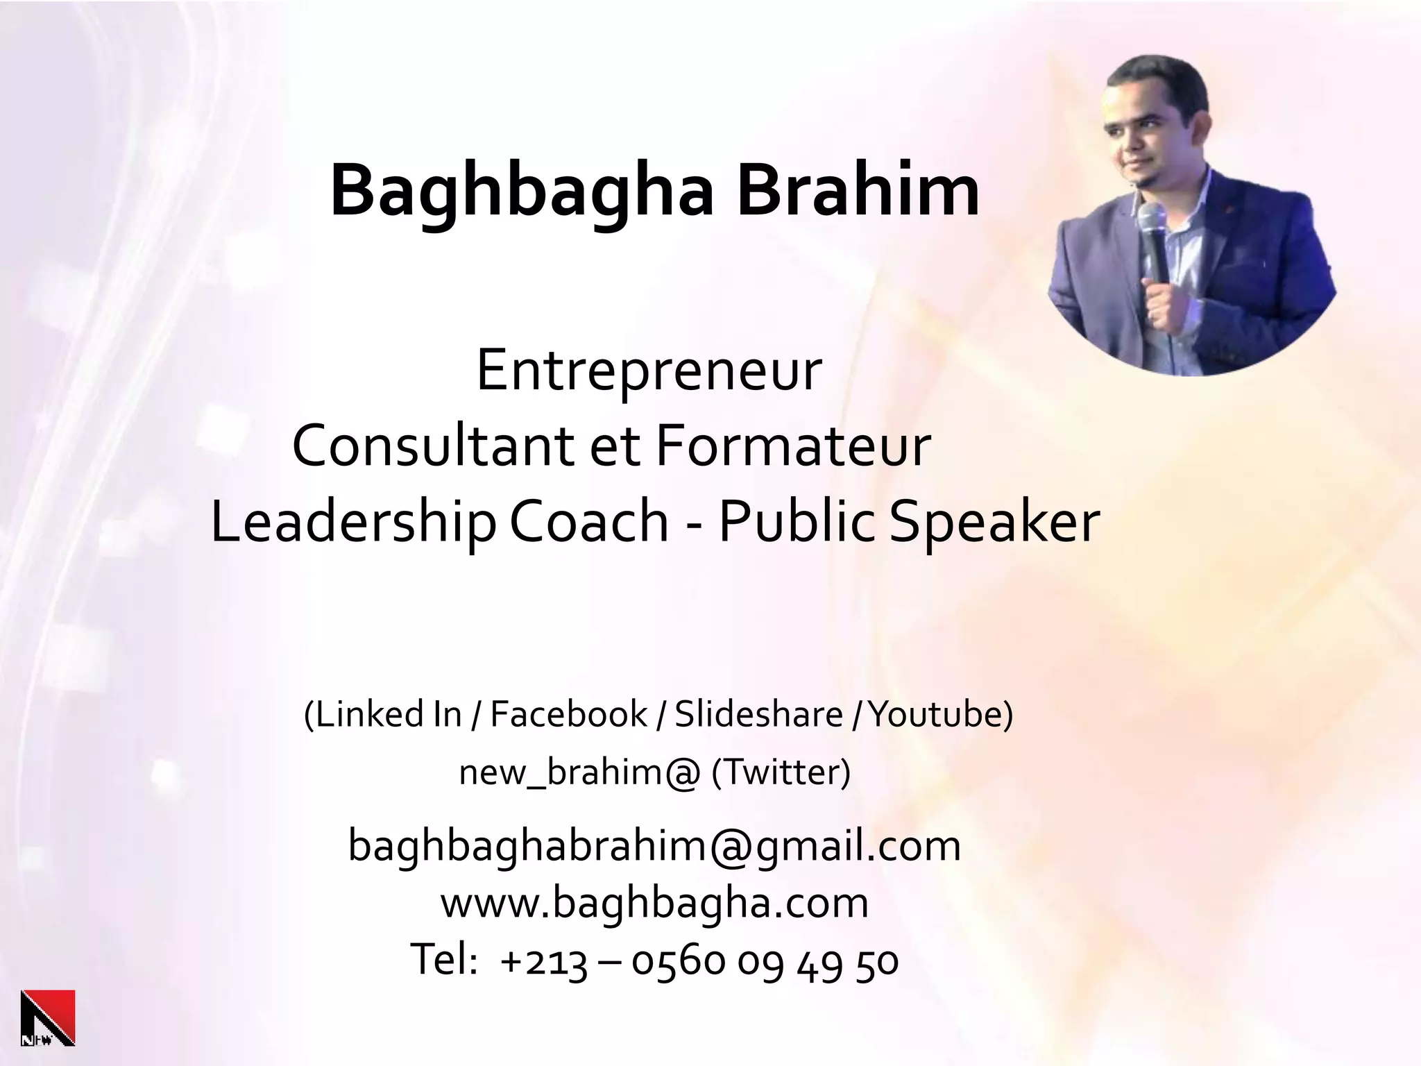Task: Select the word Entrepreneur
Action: click(x=649, y=371)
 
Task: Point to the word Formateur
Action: click(x=792, y=446)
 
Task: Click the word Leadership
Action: click(x=353, y=522)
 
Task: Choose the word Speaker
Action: click(x=994, y=522)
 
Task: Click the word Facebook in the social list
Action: click(x=568, y=714)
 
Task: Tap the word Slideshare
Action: click(x=758, y=714)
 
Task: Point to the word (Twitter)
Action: click(x=781, y=772)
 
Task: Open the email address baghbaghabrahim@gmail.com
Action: click(x=654, y=846)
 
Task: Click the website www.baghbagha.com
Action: click(x=654, y=903)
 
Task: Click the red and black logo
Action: click(x=48, y=1017)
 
